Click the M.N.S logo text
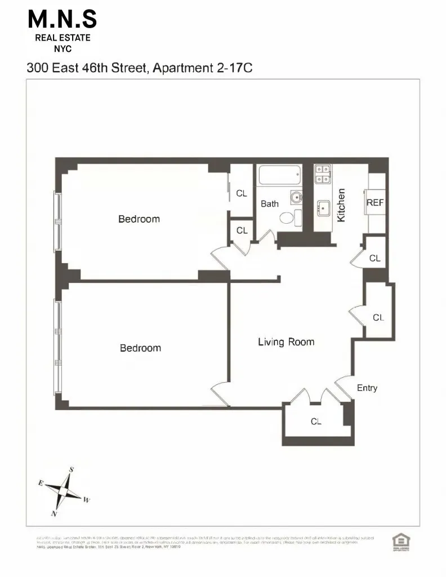pos(63,21)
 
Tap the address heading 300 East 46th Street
pos(142,68)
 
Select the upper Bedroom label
pos(139,219)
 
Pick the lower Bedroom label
pos(140,348)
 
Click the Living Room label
pos(286,341)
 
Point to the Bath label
pos(270,204)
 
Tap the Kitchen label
pos(341,205)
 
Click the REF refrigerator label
pos(375,202)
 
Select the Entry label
pos(367,388)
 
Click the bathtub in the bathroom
pos(280,176)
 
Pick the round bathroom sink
pos(296,197)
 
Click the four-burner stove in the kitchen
pos(322,174)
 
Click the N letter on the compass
pos(54,513)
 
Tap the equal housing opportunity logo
pos(399,541)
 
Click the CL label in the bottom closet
pos(316,421)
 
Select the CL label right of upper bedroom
pos(242,193)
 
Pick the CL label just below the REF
pos(375,258)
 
